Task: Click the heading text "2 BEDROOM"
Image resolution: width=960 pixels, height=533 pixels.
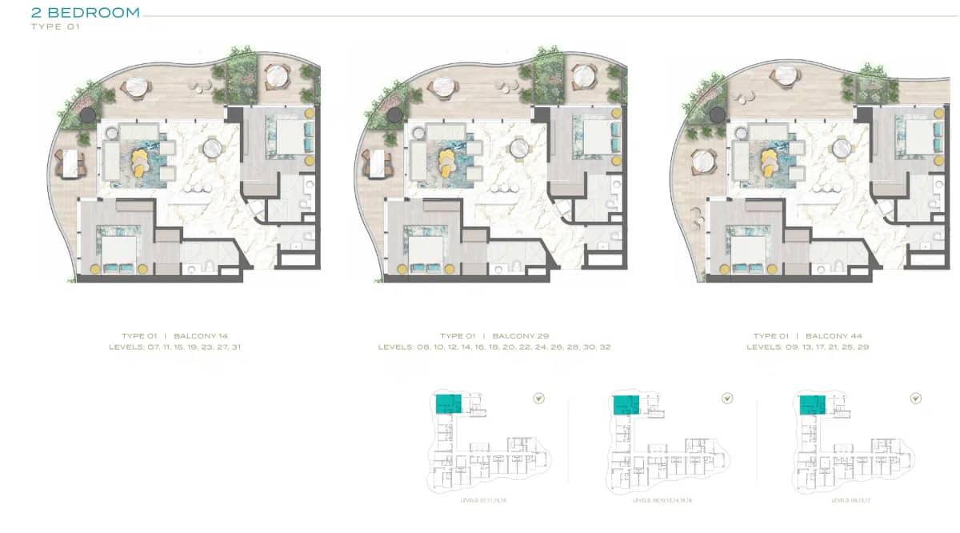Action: click(85, 13)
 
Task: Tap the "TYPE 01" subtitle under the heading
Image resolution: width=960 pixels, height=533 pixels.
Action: click(55, 26)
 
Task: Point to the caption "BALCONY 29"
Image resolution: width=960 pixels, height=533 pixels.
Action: click(521, 336)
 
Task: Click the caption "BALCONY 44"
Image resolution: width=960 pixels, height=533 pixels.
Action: click(834, 336)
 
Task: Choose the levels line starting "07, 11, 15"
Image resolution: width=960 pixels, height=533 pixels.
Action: click(174, 347)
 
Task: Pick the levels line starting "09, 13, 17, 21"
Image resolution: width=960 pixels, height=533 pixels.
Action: click(808, 347)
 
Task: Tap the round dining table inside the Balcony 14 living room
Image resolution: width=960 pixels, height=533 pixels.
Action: click(213, 149)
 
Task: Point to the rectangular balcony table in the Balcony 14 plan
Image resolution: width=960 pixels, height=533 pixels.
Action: click(71, 164)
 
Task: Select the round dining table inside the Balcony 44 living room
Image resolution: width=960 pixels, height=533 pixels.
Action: click(841, 149)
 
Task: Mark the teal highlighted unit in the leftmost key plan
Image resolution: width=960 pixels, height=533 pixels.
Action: click(448, 403)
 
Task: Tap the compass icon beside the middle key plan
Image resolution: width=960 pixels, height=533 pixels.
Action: click(727, 398)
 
